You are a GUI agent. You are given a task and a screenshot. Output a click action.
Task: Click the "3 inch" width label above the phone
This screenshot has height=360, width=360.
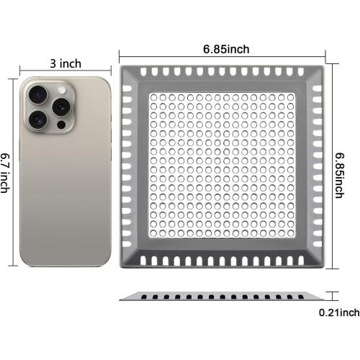[x=66, y=63]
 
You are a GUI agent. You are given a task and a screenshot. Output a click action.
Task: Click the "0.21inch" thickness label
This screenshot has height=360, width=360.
[x=339, y=312]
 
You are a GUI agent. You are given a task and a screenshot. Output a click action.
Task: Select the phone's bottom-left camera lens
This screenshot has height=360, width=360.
[x=37, y=117]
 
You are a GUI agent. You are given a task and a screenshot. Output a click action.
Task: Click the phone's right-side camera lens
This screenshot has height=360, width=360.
[x=59, y=104]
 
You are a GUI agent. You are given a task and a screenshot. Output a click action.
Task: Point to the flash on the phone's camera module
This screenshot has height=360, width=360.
[x=60, y=87]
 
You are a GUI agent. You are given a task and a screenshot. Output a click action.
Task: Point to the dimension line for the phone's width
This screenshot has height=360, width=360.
[x=66, y=72]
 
